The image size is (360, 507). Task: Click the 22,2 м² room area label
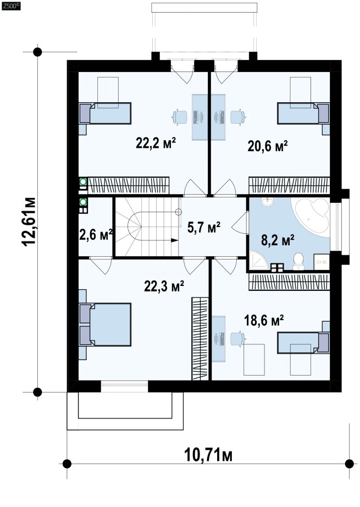click(x=156, y=142)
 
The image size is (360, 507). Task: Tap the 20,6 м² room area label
click(x=268, y=146)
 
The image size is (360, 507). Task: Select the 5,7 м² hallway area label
click(x=204, y=227)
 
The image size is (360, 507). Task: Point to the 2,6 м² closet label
click(x=96, y=234)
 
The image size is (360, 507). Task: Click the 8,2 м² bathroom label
click(x=278, y=240)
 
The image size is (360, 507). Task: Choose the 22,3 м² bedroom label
click(x=164, y=286)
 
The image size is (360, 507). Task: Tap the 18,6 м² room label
click(x=264, y=321)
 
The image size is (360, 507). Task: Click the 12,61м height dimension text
click(x=29, y=221)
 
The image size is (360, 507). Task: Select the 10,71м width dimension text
click(x=208, y=455)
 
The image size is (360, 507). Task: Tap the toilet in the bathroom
click(x=298, y=261)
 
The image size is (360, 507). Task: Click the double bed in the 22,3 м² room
click(x=106, y=324)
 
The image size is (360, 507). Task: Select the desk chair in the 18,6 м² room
click(x=238, y=339)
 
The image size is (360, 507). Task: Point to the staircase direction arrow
click(x=174, y=240)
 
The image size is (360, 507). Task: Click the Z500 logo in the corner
click(x=11, y=5)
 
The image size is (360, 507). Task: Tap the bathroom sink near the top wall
click(x=268, y=202)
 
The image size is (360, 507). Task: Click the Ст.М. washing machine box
click(x=322, y=262)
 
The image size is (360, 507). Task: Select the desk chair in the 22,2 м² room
click(x=180, y=117)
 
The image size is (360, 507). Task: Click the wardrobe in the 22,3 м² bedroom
click(x=200, y=339)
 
